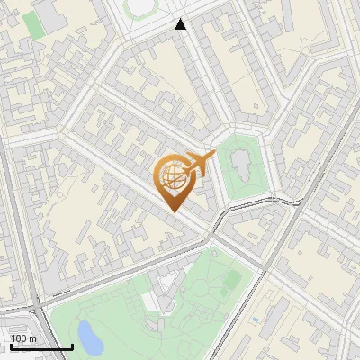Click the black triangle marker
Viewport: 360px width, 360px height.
pos(181,24)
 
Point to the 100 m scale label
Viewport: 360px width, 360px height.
pos(23,338)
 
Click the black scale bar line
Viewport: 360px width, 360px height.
pos(41,346)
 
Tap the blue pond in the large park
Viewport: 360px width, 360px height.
pos(88,337)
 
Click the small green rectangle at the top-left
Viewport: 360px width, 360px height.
pos(33,24)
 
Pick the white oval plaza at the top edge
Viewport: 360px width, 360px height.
pos(140,6)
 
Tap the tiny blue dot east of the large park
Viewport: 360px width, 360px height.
pos(256,318)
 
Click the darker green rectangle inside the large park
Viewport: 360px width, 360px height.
pos(231,280)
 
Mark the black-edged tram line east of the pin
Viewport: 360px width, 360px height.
pos(261,203)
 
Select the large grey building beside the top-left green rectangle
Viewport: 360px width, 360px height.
pos(63,27)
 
